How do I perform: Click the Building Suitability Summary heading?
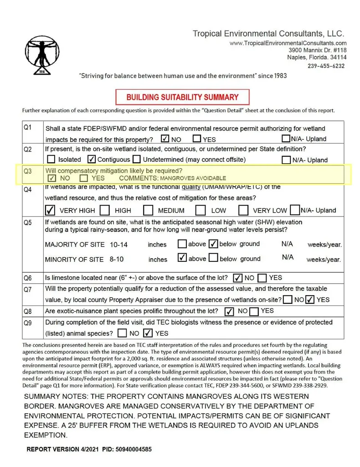click(182, 97)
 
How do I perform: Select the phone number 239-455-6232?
click(326, 66)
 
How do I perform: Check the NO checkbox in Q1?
click(165, 139)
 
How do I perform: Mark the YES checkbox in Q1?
click(197, 139)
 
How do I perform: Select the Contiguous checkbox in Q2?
click(91, 159)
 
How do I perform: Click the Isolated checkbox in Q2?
click(51, 159)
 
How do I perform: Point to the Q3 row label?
click(28, 171)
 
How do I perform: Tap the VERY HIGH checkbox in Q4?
click(51, 210)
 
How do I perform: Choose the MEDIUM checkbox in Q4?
click(148, 210)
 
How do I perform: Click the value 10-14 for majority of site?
click(118, 245)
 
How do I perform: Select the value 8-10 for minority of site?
click(117, 259)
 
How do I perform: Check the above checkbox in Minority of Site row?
click(182, 258)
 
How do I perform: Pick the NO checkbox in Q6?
click(237, 278)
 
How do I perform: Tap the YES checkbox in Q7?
click(310, 300)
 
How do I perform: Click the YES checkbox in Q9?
click(148, 333)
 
